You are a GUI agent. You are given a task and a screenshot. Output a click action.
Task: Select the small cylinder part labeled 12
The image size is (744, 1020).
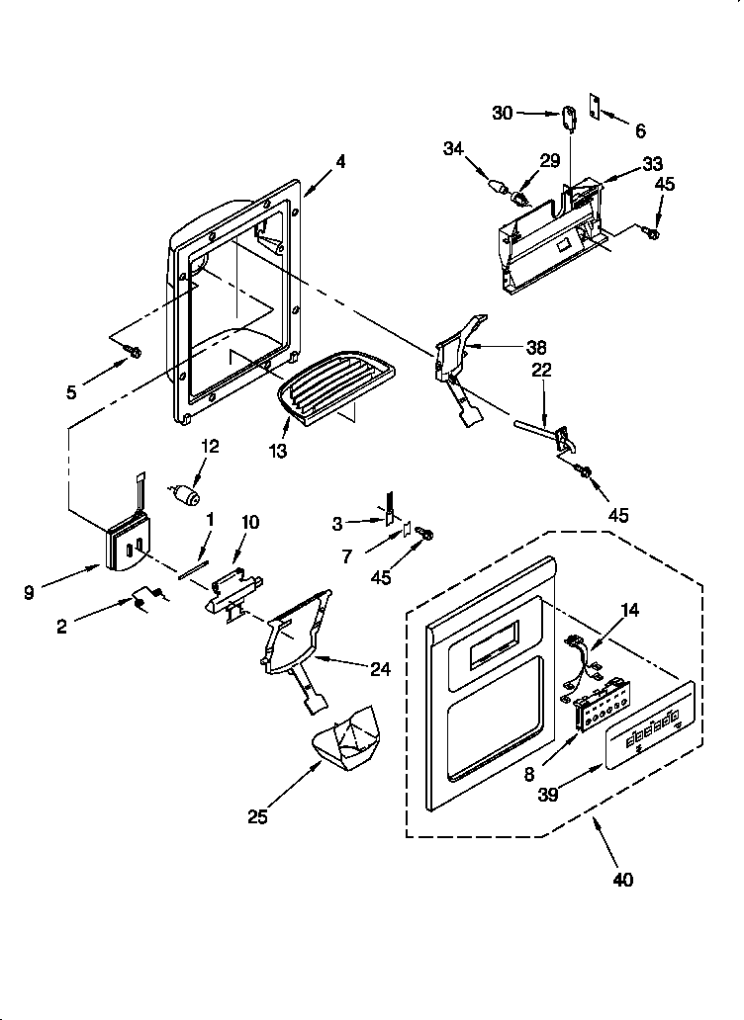coord(185,492)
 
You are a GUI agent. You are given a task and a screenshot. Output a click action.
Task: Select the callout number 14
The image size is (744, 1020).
coord(629,610)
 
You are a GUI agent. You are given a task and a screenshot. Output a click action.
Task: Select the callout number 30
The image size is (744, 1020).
coord(502,114)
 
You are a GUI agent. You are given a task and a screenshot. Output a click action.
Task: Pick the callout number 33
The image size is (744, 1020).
coord(653,163)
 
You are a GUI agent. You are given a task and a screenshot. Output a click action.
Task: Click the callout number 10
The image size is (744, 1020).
coord(249,522)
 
